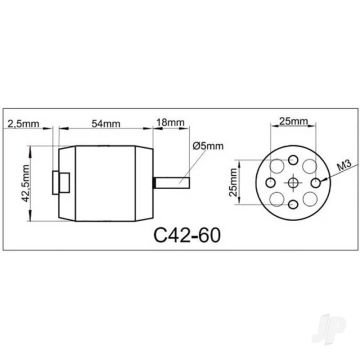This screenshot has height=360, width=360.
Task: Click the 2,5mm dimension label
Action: tap(23, 124)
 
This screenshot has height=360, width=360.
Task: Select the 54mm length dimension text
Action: tap(106, 124)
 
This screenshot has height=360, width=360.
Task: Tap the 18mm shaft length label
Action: tap(170, 123)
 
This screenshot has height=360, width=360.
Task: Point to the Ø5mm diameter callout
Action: tap(208, 146)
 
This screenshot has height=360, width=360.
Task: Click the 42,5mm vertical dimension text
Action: tap(26, 183)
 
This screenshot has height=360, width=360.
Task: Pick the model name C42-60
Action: tap(187, 235)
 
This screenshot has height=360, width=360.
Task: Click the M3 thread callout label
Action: tap(343, 166)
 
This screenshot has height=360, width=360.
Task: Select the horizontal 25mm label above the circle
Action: tap(293, 121)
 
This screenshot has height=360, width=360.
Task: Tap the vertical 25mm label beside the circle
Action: tap(234, 182)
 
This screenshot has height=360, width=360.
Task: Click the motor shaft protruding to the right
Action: tap(171, 183)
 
